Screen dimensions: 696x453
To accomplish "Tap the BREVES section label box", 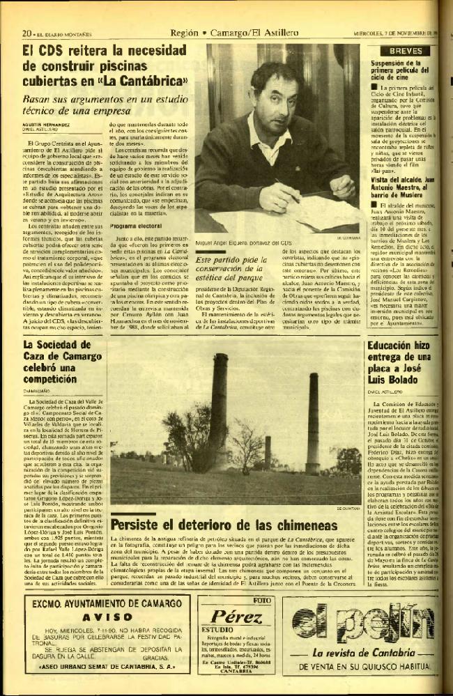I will pyautogui.click(x=405, y=52).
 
